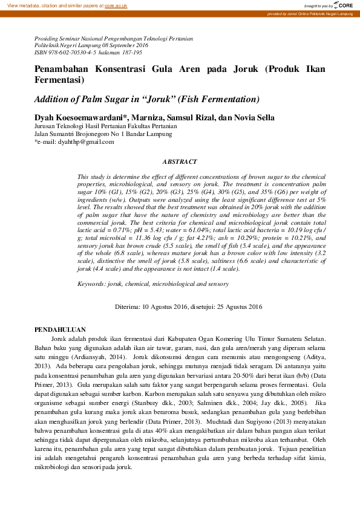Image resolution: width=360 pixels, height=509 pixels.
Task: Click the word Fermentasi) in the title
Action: point(59,80)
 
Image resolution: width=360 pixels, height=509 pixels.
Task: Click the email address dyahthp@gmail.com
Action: point(86,141)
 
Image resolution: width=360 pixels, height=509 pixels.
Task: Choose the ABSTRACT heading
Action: point(180,162)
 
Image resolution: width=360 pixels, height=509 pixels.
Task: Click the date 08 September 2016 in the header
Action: point(121,45)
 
